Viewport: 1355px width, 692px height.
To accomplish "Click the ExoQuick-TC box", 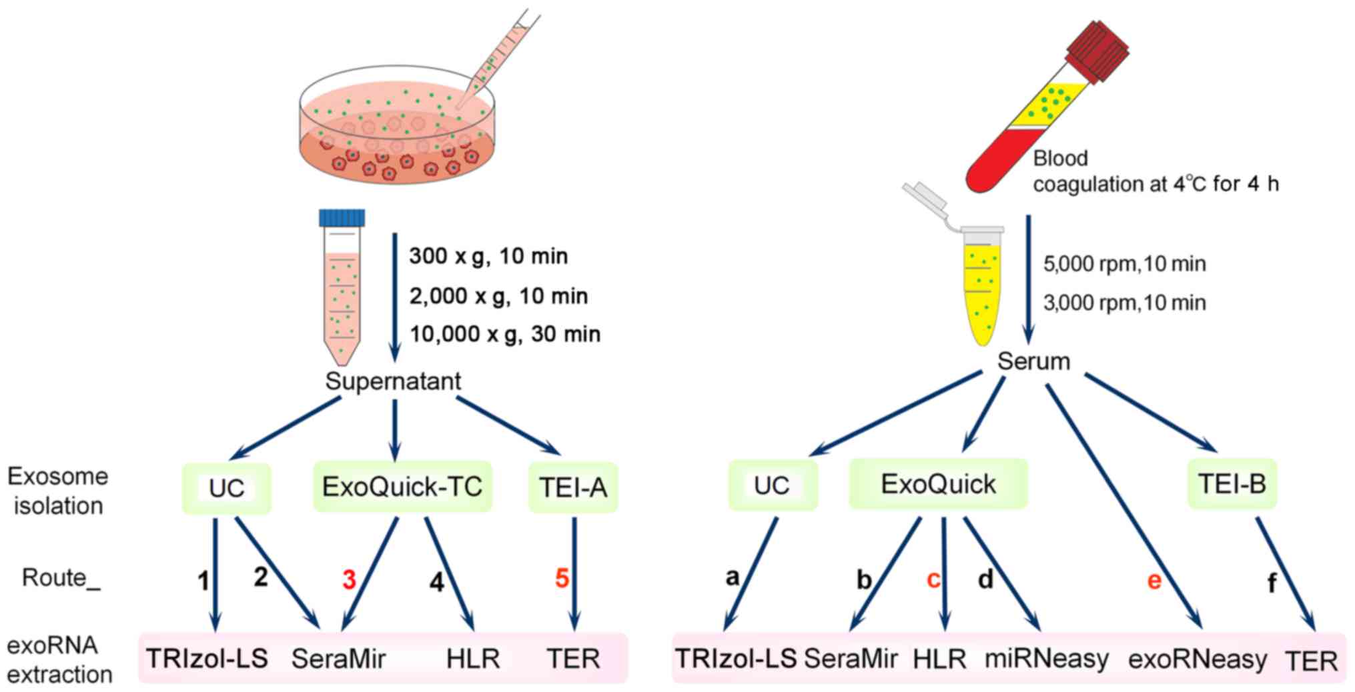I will tap(402, 487).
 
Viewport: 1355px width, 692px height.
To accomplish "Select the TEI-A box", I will tap(573, 488).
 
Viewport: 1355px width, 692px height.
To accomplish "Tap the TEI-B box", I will tap(1232, 484).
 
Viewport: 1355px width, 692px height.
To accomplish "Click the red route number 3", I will tap(349, 580).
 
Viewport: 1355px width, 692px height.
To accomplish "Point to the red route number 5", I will tap(562, 578).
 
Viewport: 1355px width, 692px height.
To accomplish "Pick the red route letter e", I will tap(1154, 581).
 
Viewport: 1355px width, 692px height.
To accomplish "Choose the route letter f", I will tap(1272, 583).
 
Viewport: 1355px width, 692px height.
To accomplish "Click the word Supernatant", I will tap(393, 381).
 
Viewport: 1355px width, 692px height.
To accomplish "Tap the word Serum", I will tap(1033, 361).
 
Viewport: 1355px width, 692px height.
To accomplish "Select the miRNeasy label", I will tap(1047, 659).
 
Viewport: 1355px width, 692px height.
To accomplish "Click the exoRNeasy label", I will tap(1198, 659).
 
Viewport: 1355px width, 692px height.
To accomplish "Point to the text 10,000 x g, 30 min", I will tap(504, 334).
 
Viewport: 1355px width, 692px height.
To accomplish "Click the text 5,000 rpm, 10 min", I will tap(1124, 264).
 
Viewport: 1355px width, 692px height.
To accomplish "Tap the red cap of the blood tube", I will tap(1097, 51).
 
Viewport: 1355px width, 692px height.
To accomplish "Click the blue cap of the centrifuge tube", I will tap(342, 218).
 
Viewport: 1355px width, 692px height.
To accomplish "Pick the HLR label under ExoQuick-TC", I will tap(473, 659).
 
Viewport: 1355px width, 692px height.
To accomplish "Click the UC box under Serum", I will tap(772, 485).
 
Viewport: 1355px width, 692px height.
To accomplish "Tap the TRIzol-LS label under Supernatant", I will tap(207, 659).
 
